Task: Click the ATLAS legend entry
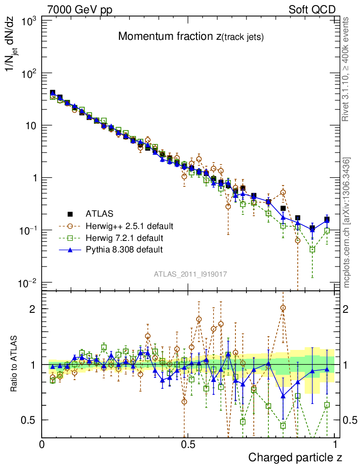(x=99, y=213)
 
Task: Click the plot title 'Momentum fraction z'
(x=191, y=37)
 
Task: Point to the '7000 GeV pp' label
(x=80, y=10)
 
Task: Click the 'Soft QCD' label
(x=312, y=10)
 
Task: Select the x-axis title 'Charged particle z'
(x=295, y=457)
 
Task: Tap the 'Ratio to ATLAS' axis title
(x=14, y=365)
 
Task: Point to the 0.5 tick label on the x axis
(x=187, y=445)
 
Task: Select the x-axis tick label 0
(x=42, y=445)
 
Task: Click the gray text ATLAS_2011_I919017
(x=190, y=274)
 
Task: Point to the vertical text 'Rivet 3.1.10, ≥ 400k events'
(x=347, y=69)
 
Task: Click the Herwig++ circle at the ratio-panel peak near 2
(x=283, y=308)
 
